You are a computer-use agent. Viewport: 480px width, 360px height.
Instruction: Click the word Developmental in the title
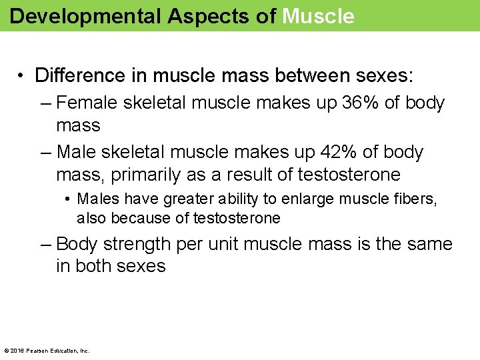[x=85, y=16]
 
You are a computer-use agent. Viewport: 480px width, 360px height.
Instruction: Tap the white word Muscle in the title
[x=318, y=16]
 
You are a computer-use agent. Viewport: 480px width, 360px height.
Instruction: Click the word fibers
[x=413, y=199]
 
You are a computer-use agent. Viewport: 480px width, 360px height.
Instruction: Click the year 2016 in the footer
[x=16, y=350]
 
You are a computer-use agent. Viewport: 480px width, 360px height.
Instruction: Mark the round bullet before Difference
[x=22, y=76]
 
